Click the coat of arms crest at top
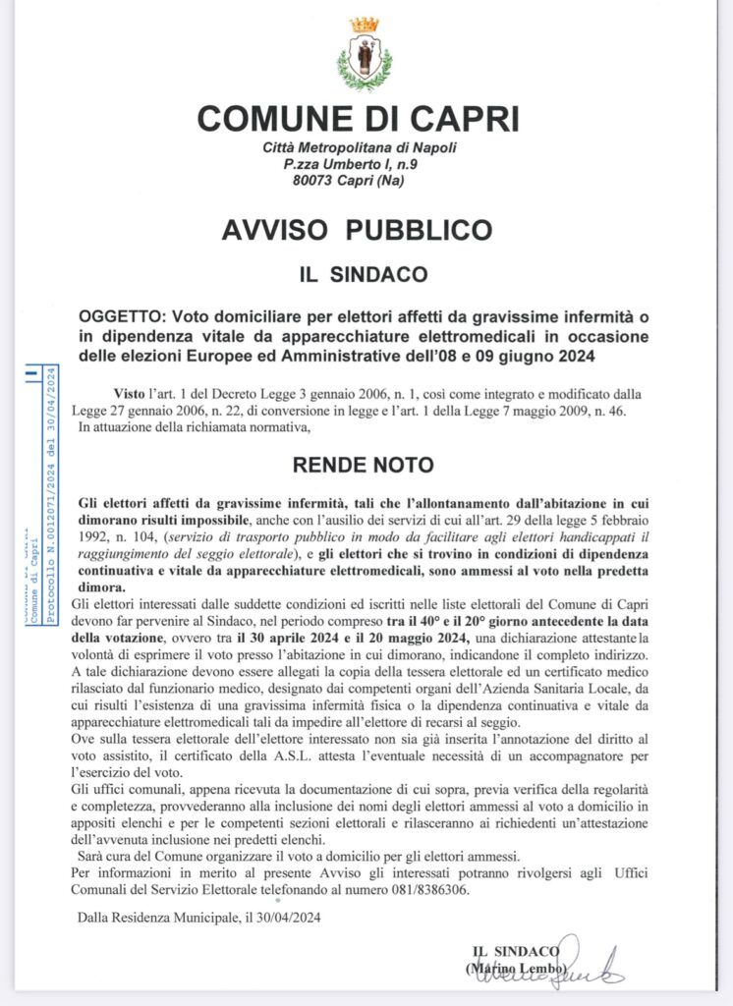pyautogui.click(x=365, y=55)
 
